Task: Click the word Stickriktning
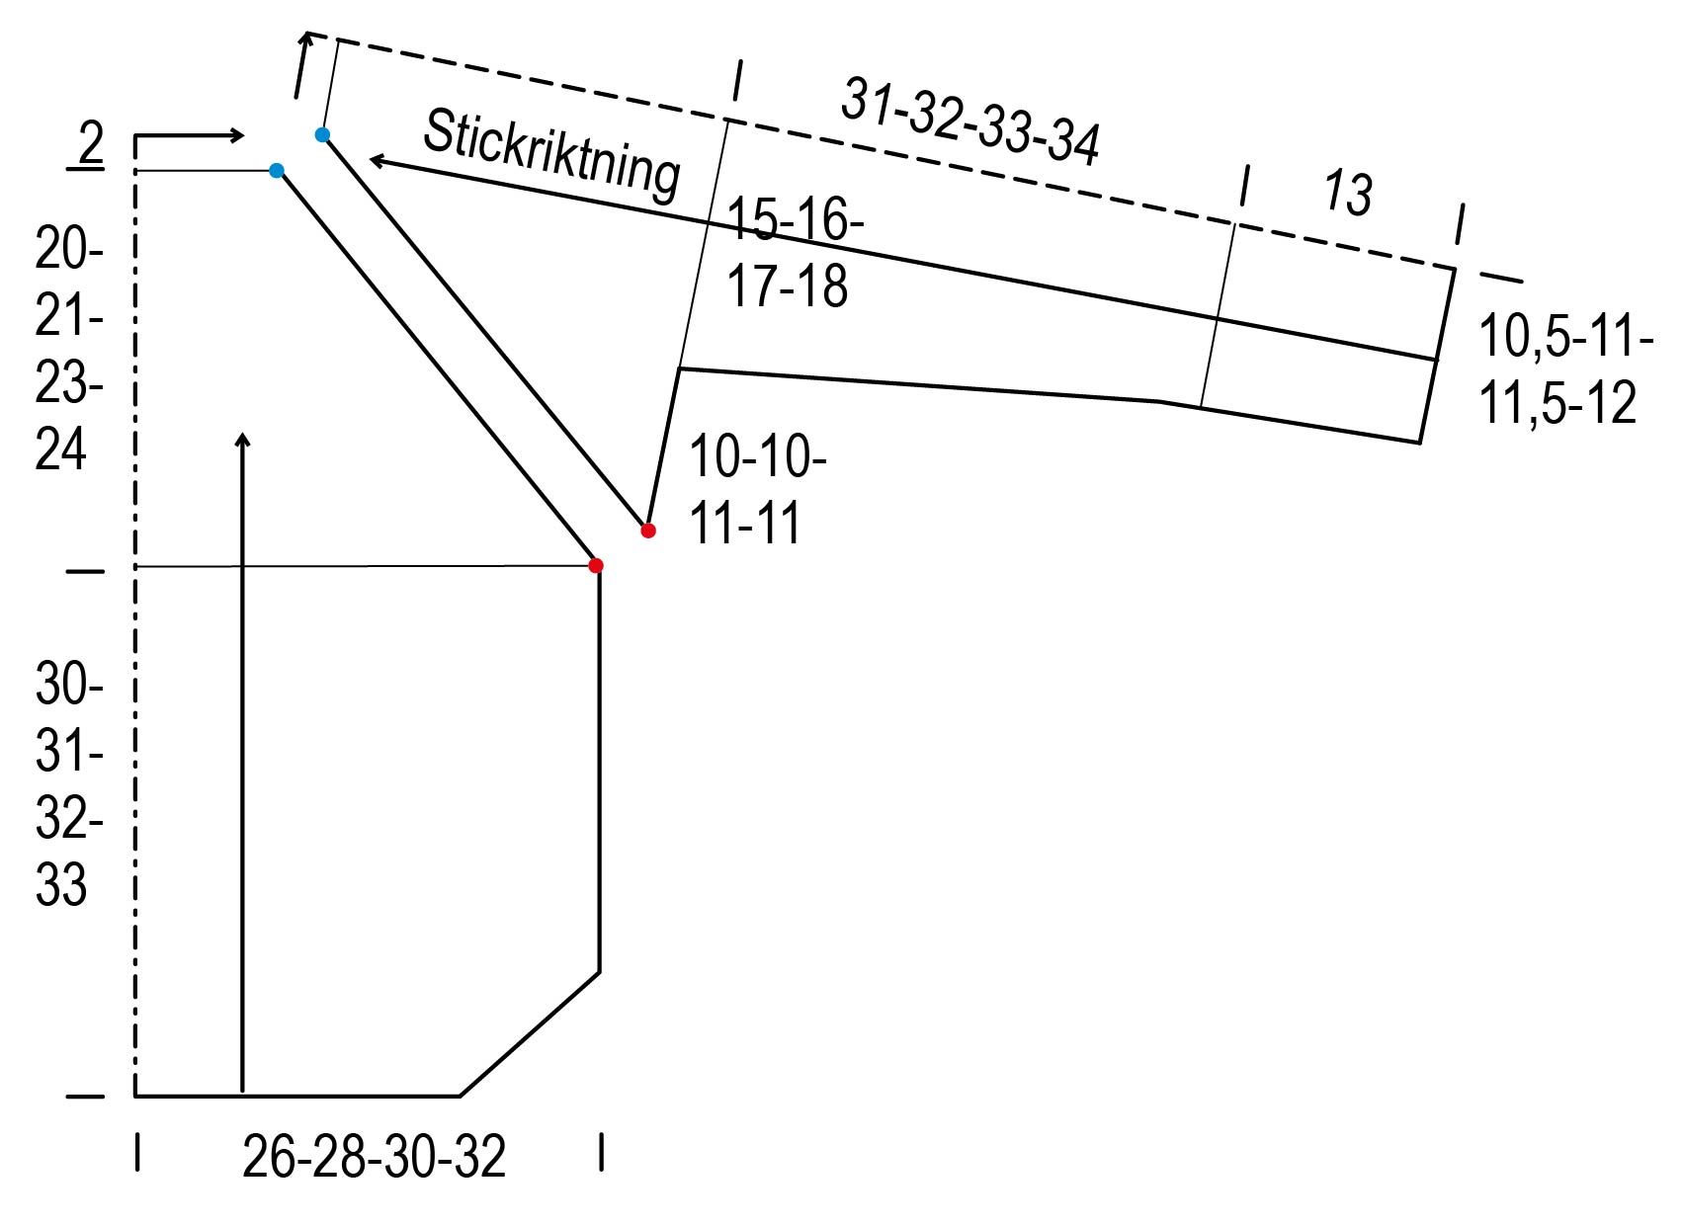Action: [551, 155]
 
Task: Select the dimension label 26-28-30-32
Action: [374, 1157]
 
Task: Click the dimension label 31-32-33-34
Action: [969, 121]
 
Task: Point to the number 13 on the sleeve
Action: [1347, 193]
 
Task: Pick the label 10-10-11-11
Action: [756, 489]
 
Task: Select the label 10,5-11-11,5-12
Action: [1565, 369]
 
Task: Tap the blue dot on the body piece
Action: [277, 171]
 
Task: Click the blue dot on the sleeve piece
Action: [322, 135]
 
